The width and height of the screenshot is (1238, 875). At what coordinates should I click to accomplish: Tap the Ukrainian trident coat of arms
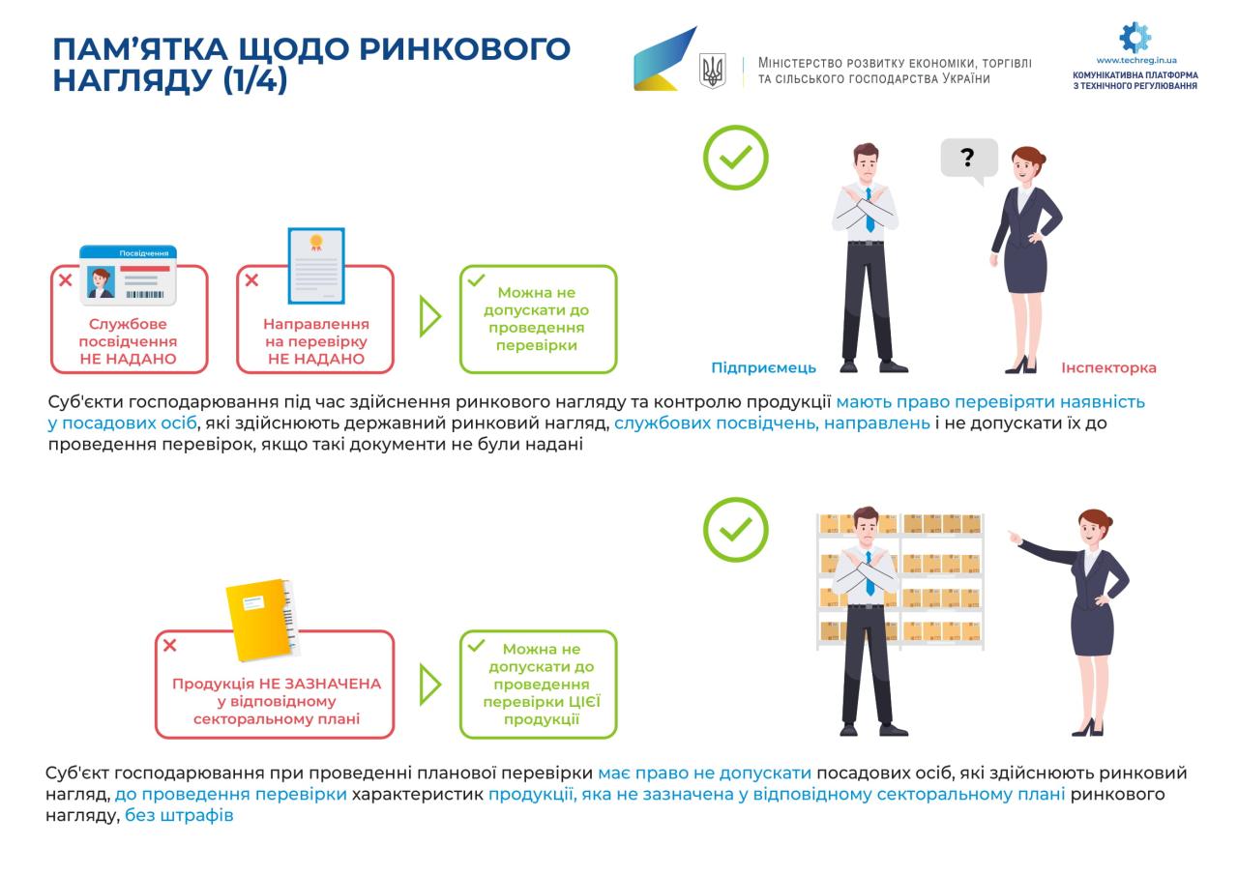tap(712, 71)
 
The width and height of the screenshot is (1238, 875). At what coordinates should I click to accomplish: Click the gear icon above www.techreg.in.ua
tap(1135, 37)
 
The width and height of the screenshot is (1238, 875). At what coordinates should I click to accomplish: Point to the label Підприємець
tap(763, 367)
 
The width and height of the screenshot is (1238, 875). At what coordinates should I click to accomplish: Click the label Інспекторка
tap(1108, 367)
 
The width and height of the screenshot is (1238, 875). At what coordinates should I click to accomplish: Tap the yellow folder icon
tap(259, 618)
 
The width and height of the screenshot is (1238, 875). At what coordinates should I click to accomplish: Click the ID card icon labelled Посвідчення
tap(128, 275)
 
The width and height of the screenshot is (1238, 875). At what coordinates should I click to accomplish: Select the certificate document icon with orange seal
tap(315, 265)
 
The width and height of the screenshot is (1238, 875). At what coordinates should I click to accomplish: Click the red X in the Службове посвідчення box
tap(66, 280)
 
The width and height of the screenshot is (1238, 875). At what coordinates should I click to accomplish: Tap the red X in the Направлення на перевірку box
tap(251, 280)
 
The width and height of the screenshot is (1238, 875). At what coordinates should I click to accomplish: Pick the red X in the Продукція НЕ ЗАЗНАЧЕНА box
tap(170, 645)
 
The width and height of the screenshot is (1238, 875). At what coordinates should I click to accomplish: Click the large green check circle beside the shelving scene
tap(735, 529)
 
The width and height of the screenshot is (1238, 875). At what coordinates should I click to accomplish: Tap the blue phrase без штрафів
tap(179, 815)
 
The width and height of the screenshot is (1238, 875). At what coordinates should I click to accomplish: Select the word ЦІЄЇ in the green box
tap(580, 702)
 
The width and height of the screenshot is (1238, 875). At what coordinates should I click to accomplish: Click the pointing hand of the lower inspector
tap(1013, 536)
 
